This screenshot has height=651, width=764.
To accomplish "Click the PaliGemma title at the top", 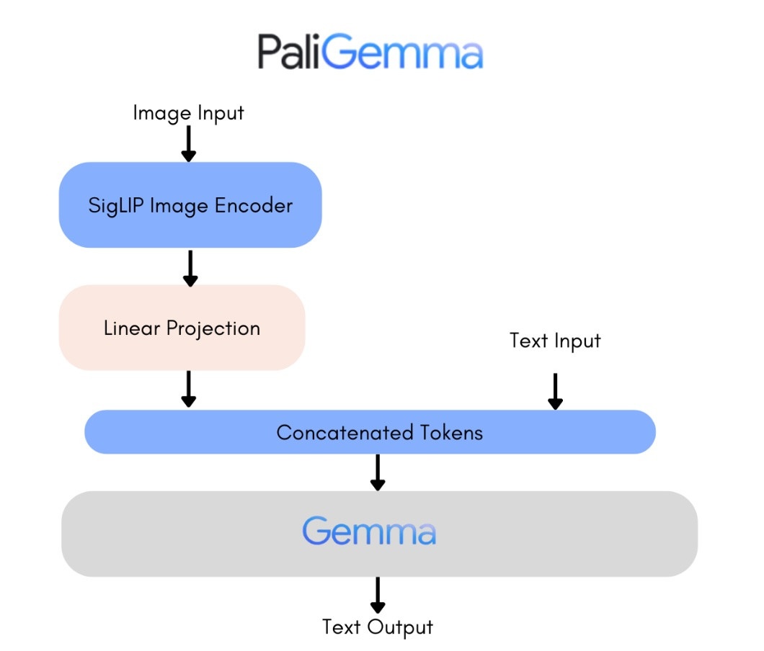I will pyautogui.click(x=370, y=52).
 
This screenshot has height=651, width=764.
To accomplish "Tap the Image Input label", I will pyautogui.click(x=188, y=113).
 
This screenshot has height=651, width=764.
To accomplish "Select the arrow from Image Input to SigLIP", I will pyautogui.click(x=188, y=143).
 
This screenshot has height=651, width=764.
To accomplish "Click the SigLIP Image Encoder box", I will pyautogui.click(x=190, y=205).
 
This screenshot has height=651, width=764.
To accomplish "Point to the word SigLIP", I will pyautogui.click(x=115, y=205).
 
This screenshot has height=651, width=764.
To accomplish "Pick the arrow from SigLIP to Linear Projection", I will pyautogui.click(x=190, y=268).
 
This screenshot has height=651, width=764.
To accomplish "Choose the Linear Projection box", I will pyautogui.click(x=182, y=328).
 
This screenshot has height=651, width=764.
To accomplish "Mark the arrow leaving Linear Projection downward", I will pyautogui.click(x=188, y=390).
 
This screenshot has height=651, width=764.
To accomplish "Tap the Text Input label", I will pyautogui.click(x=555, y=340).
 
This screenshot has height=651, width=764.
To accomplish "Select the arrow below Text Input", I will pyautogui.click(x=555, y=391).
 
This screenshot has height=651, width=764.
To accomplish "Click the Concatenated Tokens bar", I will pyautogui.click(x=370, y=432).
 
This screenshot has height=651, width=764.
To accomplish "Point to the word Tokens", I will pyautogui.click(x=449, y=432).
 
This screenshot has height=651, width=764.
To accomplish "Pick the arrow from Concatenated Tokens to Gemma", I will pyautogui.click(x=377, y=472).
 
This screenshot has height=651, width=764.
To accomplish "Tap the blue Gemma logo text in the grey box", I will pyautogui.click(x=369, y=532).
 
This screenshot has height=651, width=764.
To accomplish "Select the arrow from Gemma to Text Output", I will pyautogui.click(x=377, y=595).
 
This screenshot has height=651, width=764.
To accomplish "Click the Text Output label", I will pyautogui.click(x=378, y=627).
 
